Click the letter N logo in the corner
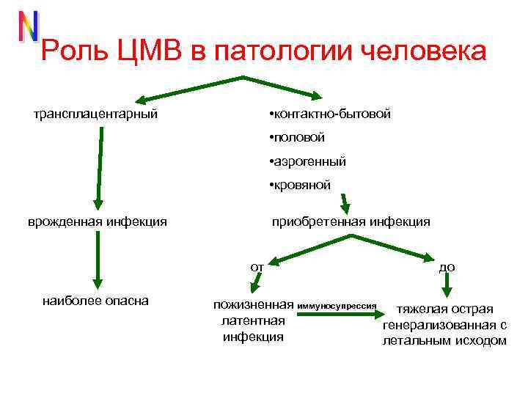coord(28,26)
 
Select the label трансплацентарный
coord(96,114)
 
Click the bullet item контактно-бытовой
coord(330,114)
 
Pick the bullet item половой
coord(297,138)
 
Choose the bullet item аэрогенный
coord(307,161)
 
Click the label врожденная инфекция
coord(98,221)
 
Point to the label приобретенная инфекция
coord(351,221)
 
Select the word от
coord(257,267)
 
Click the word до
coord(447,267)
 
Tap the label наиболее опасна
coord(96,300)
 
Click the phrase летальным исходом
coord(445,341)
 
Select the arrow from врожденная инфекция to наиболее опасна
coord(98,260)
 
